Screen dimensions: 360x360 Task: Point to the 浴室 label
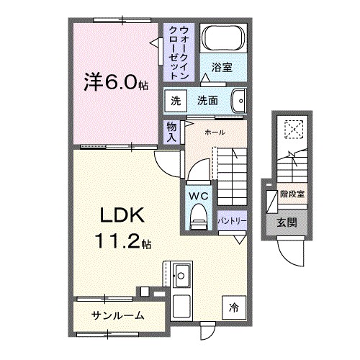pos(222,68)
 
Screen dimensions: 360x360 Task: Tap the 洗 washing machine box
pos(176,100)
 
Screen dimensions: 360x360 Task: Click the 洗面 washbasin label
pos(208,100)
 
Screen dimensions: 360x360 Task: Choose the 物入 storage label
pos(171,130)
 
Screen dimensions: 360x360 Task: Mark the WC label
pos(199,194)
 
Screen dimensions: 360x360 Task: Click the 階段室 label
pos(292,194)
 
